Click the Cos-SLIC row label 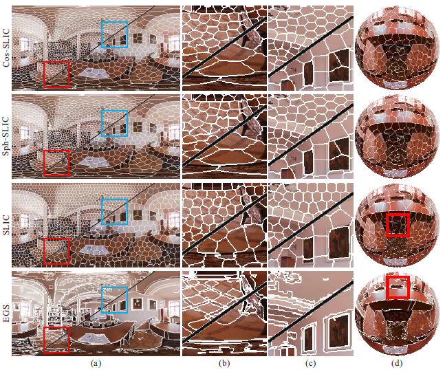point(6,47)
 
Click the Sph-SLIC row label point(6,136)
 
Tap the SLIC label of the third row point(6,225)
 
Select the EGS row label point(6,314)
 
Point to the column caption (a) point(96,363)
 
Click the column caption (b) point(224,363)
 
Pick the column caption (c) point(310,363)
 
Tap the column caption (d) point(397,363)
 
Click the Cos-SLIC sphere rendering point(397,47)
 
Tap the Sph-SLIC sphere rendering point(397,136)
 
